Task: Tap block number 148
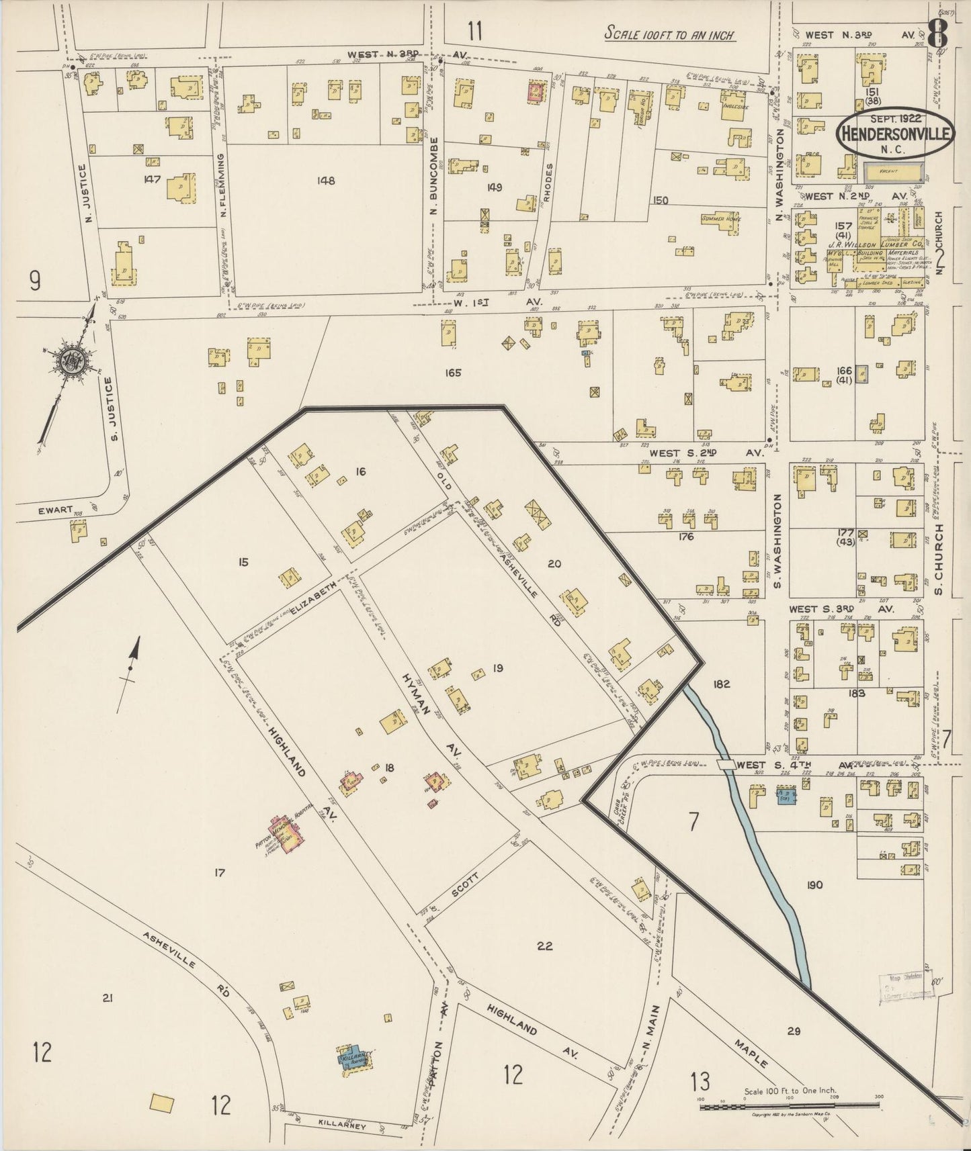tap(327, 180)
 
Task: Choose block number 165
tap(452, 372)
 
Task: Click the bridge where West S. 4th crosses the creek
tap(726, 765)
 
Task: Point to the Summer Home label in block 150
tap(721, 219)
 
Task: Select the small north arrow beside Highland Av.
tap(132, 664)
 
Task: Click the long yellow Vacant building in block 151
tap(892, 171)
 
